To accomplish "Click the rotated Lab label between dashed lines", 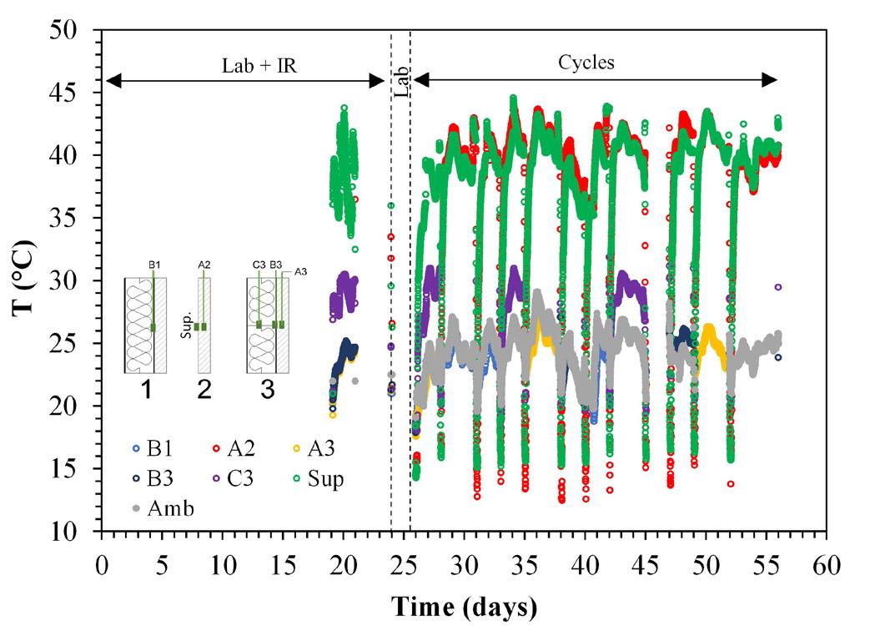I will pyautogui.click(x=401, y=82).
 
